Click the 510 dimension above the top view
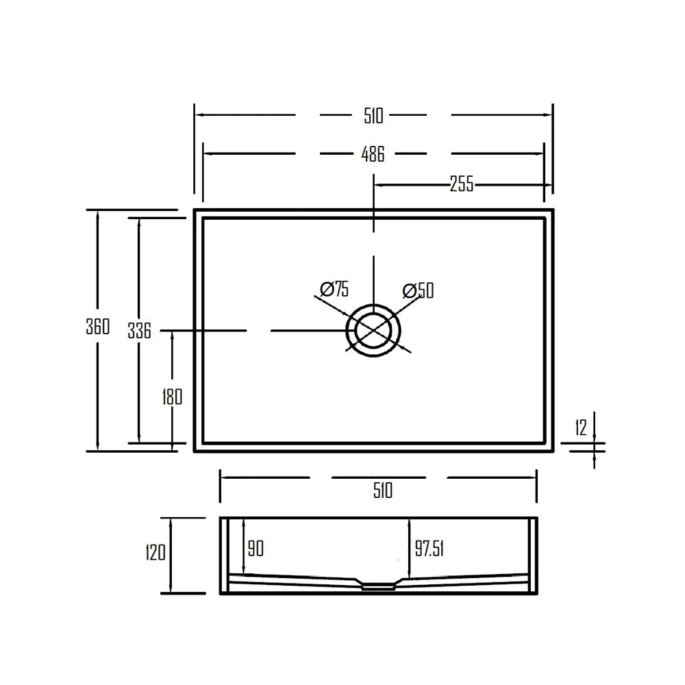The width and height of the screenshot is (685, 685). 373,116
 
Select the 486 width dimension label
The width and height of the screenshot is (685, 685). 373,154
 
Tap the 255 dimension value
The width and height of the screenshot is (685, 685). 462,184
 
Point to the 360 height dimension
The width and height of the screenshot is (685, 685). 98,326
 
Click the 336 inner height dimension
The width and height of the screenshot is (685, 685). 139,330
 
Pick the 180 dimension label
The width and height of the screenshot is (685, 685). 172,397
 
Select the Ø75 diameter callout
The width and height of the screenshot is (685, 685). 334,289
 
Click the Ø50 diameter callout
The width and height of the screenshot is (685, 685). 418,290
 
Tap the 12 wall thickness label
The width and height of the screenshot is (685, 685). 581,427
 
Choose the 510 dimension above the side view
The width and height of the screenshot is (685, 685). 383,490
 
